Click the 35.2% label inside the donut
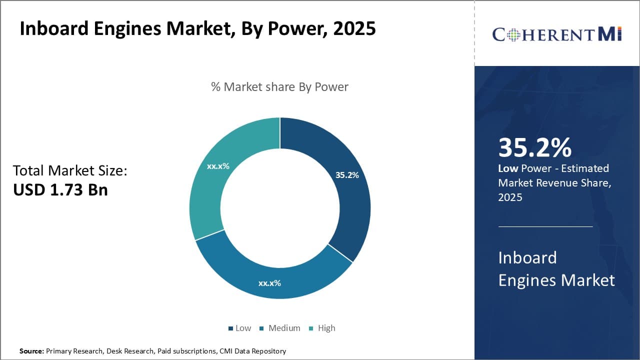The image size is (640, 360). [347, 175]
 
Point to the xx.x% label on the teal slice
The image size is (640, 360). [218, 166]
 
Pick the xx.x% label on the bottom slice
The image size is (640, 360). [269, 283]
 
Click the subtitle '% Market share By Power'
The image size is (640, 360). [279, 87]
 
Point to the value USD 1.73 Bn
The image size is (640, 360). [60, 190]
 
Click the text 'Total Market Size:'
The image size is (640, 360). [70, 171]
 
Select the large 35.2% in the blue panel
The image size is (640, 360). [535, 147]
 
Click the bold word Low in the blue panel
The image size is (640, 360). [508, 168]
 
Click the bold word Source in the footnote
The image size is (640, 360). [31, 351]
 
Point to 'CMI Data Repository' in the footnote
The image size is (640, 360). [252, 351]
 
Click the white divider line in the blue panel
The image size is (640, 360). [545, 226]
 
